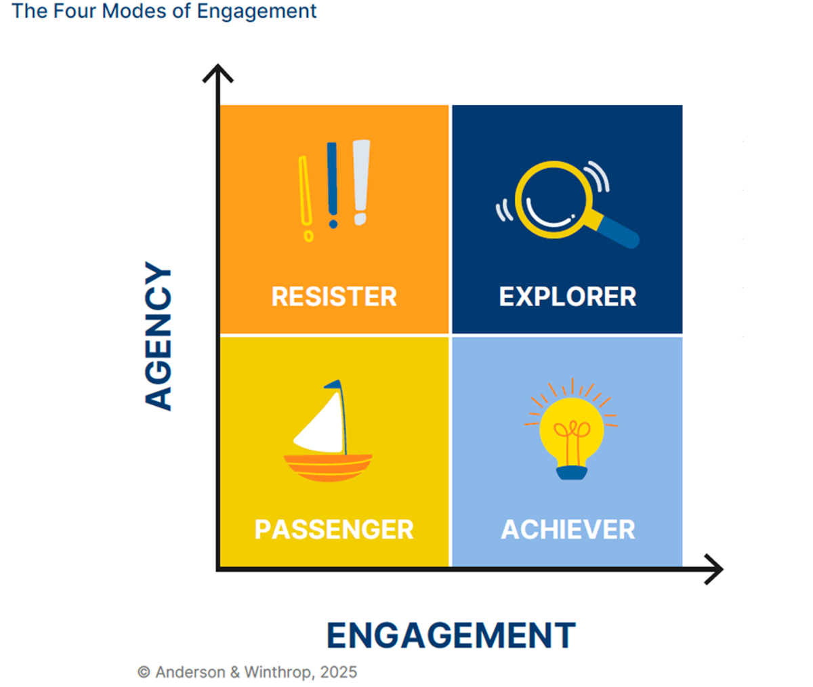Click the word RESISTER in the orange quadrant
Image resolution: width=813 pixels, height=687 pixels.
point(334,297)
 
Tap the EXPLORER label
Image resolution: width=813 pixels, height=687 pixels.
point(567,297)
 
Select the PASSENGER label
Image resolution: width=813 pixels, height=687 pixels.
point(334,530)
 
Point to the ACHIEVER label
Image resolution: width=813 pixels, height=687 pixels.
point(568,530)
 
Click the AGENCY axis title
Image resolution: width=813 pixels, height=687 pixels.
point(158,336)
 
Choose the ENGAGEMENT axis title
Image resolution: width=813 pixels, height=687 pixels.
point(451,636)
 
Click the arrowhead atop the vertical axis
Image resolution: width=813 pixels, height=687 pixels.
point(218,73)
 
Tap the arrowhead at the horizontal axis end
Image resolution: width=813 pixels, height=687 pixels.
point(713,569)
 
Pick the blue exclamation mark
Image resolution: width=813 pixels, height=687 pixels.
point(332,185)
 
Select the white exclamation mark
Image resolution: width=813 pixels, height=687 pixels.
point(361,182)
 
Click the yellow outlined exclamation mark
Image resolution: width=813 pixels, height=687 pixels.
point(306,199)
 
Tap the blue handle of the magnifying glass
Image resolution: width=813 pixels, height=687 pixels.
point(618,232)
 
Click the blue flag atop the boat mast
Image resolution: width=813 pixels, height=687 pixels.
point(333,384)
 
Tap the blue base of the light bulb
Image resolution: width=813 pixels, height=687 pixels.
point(572,473)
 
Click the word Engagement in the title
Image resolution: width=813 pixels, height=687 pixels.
point(257,11)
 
